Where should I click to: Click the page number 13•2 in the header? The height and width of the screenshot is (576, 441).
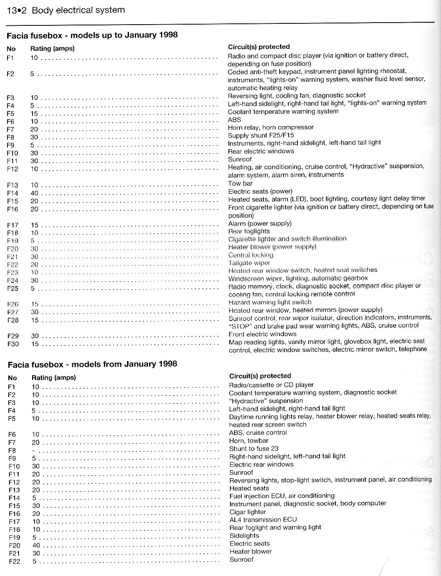click(16, 11)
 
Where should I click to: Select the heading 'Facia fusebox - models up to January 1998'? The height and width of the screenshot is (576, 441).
click(92, 35)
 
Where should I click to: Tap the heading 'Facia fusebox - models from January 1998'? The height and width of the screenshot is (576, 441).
click(92, 364)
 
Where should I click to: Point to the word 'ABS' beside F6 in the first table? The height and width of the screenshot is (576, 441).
click(234, 119)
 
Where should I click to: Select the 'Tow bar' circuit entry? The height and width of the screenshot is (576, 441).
click(240, 183)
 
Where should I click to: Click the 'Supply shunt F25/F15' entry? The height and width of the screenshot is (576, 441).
click(261, 135)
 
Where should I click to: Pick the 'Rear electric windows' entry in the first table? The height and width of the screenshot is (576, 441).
click(261, 151)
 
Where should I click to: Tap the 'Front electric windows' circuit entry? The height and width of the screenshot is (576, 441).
click(263, 334)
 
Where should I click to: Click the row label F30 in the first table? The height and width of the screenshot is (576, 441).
click(13, 344)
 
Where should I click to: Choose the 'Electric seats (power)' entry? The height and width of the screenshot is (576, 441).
click(260, 191)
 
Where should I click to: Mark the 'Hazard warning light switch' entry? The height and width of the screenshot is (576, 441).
click(270, 302)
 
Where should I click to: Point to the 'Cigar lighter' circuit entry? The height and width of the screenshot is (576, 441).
click(248, 512)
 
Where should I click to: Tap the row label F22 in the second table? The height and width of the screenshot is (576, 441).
click(14, 561)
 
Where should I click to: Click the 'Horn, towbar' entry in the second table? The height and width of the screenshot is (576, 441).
click(249, 441)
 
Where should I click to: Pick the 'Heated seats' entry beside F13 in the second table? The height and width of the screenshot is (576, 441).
click(249, 488)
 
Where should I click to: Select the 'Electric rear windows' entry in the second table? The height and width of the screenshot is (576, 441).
click(261, 465)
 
